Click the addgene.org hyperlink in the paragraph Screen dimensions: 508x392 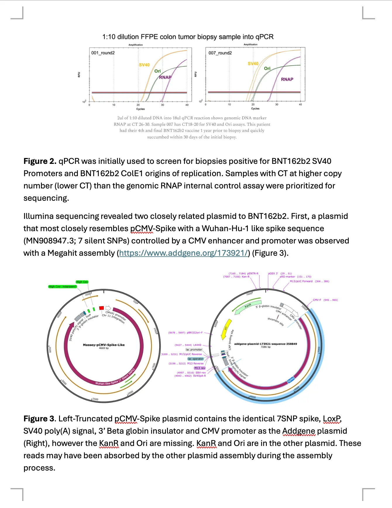tap(183, 253)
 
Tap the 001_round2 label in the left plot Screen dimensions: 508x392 tap(103, 53)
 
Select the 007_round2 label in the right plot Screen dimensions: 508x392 tap(220, 53)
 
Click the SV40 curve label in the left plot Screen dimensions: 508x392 tap(144, 65)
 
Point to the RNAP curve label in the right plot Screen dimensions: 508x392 tap(287, 79)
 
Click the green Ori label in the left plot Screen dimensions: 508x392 tap(157, 71)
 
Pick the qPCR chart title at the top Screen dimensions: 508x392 tap(188, 37)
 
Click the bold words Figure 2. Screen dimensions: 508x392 tap(40, 161)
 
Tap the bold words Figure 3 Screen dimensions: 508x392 tap(39, 419)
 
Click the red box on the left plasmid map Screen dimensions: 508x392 tap(102, 308)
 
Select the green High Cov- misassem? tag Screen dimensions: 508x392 tap(63, 286)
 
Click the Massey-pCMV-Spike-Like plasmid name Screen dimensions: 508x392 tap(104, 345)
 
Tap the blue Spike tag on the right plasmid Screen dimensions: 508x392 tap(290, 380)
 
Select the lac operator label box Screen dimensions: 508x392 tap(195, 359)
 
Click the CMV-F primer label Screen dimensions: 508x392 tap(317, 300)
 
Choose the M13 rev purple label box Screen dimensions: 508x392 tap(200, 368)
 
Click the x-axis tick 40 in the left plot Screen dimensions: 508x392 tap(187, 105)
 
